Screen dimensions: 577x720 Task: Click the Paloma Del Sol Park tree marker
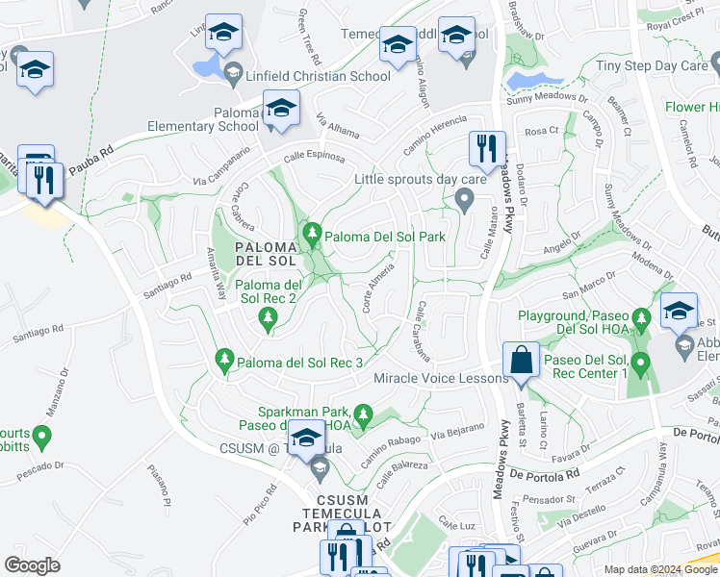coord(312,234)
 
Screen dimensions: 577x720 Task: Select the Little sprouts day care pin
coord(465,200)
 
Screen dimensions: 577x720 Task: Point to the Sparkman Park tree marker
coord(363,414)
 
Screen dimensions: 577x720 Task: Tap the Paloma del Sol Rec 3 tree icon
coord(224,360)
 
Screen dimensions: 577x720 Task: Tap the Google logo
coord(32,564)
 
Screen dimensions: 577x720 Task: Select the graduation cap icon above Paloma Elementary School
coord(281,108)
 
